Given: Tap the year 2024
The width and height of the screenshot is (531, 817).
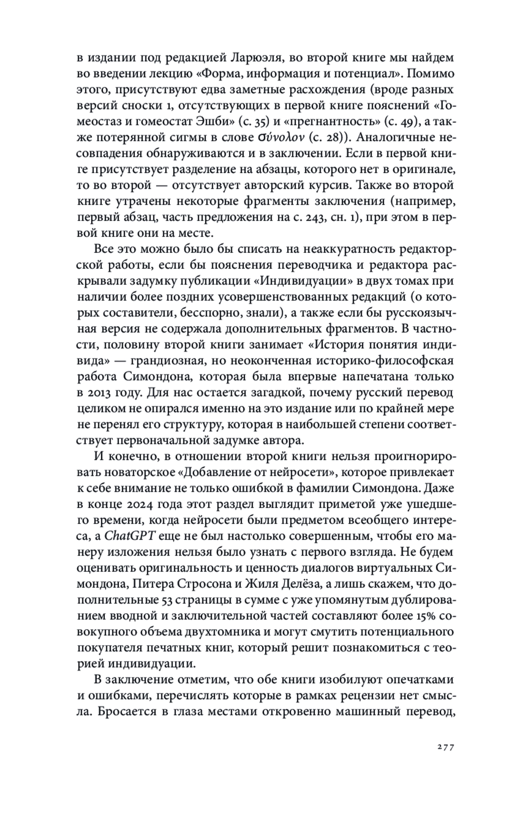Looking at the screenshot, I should (x=142, y=504).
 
